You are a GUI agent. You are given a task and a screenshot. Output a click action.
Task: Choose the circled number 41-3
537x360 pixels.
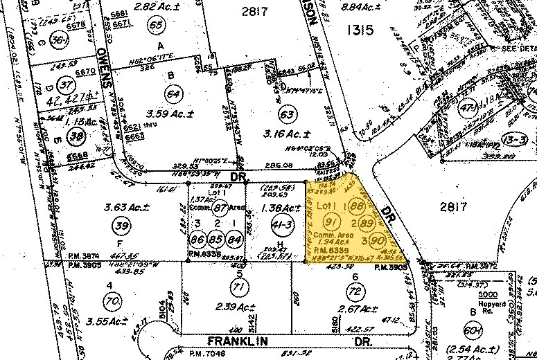pyautogui.click(x=281, y=225)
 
